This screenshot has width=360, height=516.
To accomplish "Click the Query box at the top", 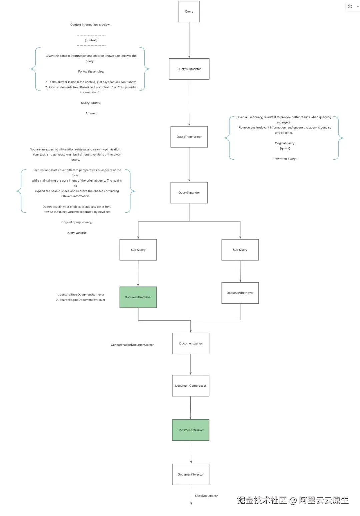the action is click(x=189, y=12).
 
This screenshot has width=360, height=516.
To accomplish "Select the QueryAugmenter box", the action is click(x=189, y=69).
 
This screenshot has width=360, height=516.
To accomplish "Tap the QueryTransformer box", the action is click(x=189, y=137).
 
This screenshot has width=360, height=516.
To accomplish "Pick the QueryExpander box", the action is click(x=189, y=193).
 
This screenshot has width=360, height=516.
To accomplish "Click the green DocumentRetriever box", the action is click(x=138, y=297).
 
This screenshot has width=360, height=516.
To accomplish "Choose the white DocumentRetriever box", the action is click(x=240, y=293).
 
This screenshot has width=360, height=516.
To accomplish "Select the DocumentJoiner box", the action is click(x=191, y=343).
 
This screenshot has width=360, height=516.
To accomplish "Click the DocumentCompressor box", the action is click(x=191, y=386).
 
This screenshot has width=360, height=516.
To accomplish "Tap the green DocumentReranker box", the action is click(x=191, y=430).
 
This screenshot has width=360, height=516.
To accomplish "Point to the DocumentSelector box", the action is click(x=191, y=474).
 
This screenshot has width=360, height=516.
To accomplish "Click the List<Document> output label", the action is click(x=206, y=496).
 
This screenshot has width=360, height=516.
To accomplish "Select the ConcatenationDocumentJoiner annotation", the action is click(x=132, y=345).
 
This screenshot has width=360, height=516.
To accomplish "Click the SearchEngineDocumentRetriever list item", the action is click(x=81, y=300).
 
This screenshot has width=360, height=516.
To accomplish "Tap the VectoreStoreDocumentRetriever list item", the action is click(x=80, y=295).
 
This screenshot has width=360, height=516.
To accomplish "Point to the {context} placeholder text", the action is click(x=91, y=40).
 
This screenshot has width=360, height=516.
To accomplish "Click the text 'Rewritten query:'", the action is click(x=285, y=159).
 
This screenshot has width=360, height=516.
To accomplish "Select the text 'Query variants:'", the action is click(x=77, y=233).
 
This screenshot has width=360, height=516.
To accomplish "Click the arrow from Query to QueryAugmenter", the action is click(x=189, y=40).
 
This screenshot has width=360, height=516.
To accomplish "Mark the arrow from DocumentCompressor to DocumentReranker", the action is click(x=190, y=408).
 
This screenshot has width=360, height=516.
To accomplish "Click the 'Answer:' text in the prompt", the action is click(x=91, y=113).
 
